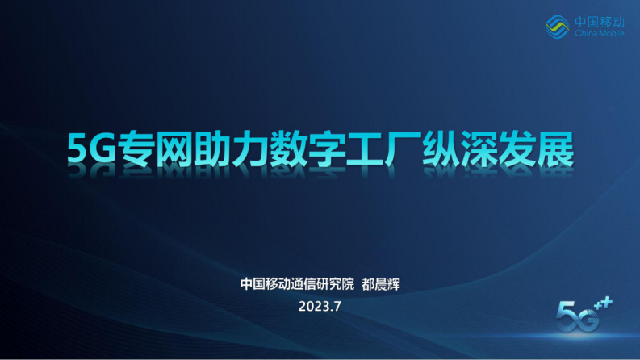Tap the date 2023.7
[x=320, y=306]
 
